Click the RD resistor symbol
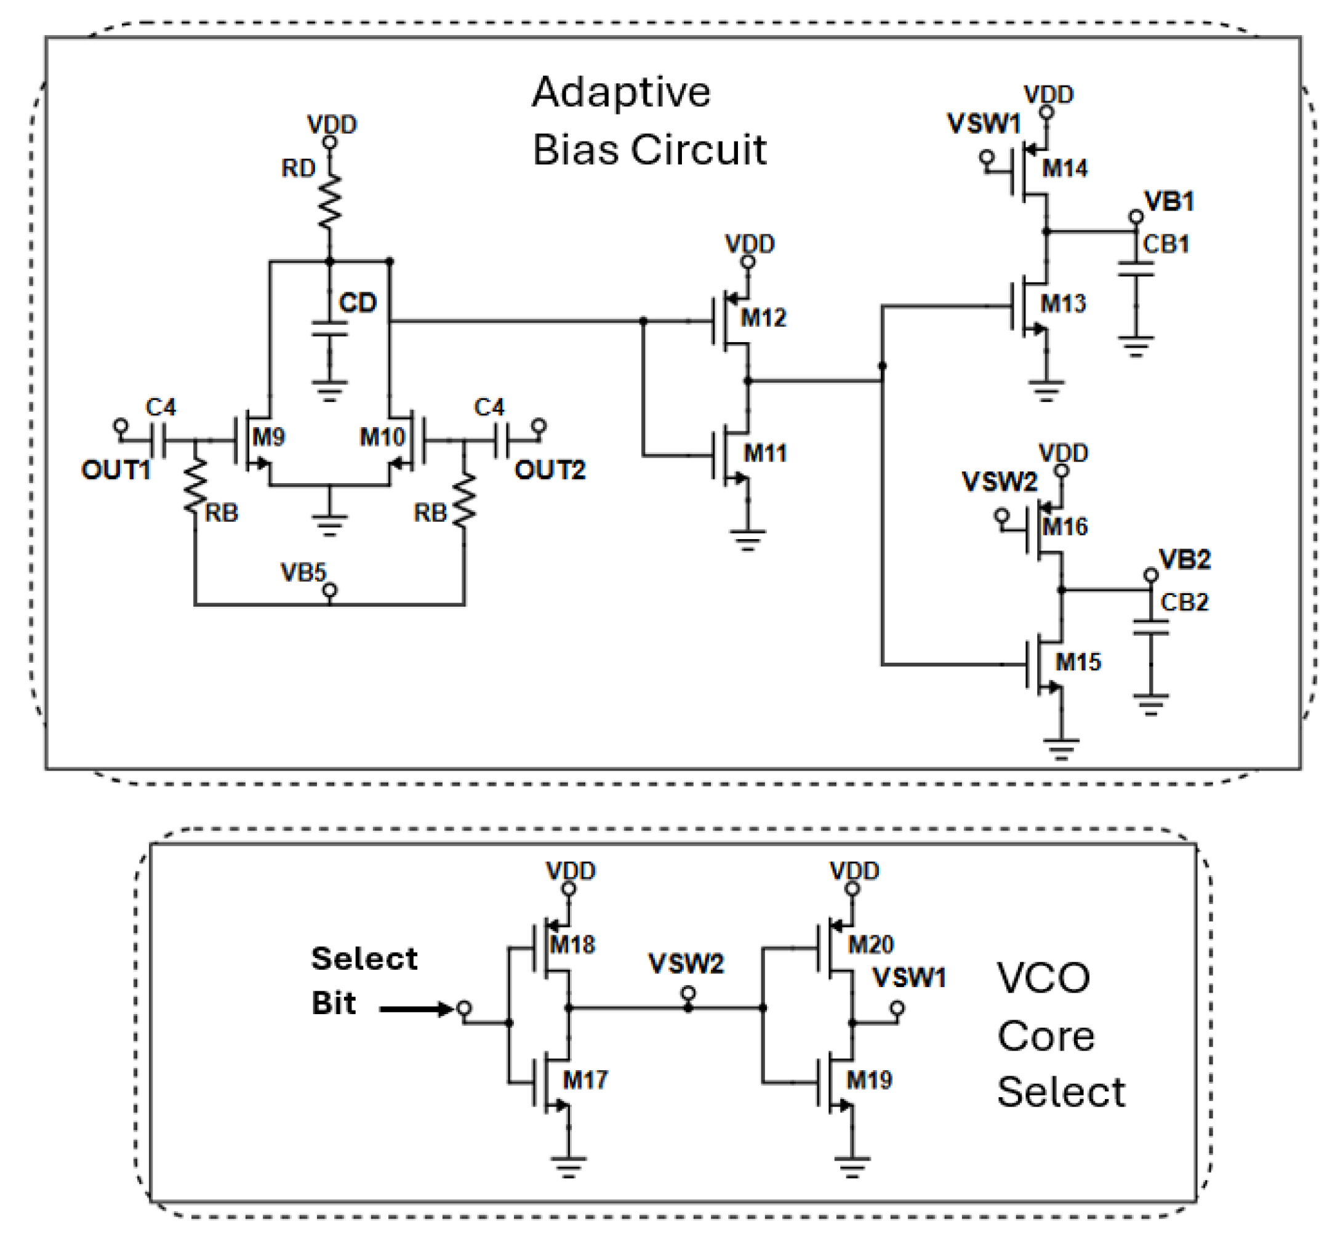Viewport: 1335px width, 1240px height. point(329,201)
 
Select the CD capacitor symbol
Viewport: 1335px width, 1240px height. point(329,329)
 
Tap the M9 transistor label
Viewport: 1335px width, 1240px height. point(268,438)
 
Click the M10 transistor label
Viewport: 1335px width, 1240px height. point(382,438)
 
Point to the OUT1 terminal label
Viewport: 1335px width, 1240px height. point(116,470)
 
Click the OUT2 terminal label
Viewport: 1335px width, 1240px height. point(549,470)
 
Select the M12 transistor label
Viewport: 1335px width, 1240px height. point(763,318)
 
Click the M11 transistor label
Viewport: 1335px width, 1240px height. point(764,454)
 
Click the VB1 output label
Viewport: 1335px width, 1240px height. point(1169,201)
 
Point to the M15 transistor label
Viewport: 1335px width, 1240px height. point(1078,662)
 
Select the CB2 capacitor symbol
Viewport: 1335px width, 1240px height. point(1150,626)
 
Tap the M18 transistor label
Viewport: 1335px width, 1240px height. point(572,945)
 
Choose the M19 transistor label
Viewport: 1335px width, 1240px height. point(868,1080)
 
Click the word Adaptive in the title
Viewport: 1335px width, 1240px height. point(620,92)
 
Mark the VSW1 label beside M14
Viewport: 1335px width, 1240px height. point(984,124)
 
